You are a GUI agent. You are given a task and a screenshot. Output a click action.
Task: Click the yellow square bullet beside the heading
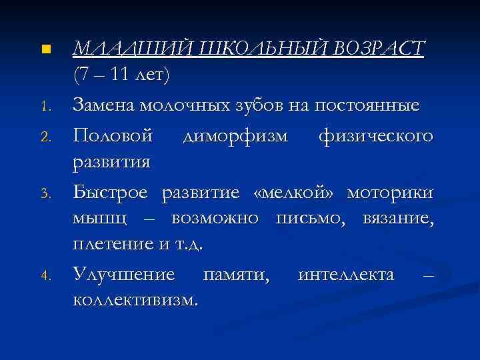(45, 50)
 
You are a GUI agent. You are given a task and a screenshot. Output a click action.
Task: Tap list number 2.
(44, 137)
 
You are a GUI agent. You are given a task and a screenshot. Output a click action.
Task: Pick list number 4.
(44, 276)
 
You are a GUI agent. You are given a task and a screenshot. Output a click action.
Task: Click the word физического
(376, 135)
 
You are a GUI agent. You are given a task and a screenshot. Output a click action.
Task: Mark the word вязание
(399, 219)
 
